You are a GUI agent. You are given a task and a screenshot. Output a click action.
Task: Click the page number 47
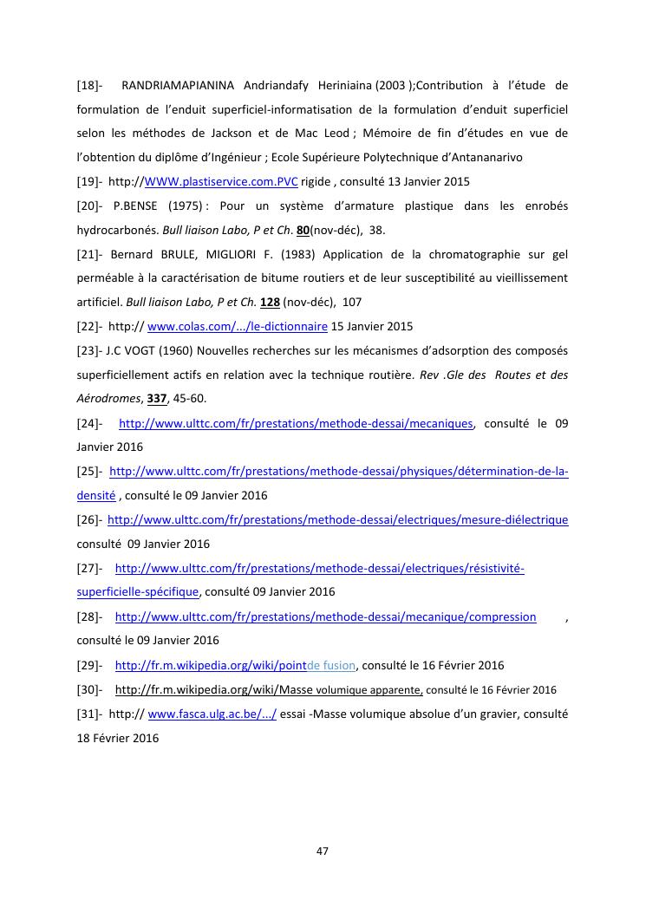click(323, 851)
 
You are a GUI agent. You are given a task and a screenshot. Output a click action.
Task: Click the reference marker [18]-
click(90, 85)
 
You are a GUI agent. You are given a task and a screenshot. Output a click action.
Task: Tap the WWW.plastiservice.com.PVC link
click(221, 182)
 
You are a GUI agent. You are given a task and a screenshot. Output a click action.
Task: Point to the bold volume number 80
click(303, 231)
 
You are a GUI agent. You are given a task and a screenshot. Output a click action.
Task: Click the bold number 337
click(156, 399)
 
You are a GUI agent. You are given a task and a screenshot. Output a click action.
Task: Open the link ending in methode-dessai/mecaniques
click(296, 423)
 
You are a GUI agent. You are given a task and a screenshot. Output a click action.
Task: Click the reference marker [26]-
click(90, 520)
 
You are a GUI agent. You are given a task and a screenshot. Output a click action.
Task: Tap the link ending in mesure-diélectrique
click(337, 520)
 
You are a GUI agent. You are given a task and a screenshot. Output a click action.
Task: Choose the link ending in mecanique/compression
click(325, 617)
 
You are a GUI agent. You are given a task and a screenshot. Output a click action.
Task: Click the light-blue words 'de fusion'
click(331, 666)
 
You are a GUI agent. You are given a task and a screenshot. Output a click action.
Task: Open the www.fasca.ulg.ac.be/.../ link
click(212, 714)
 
